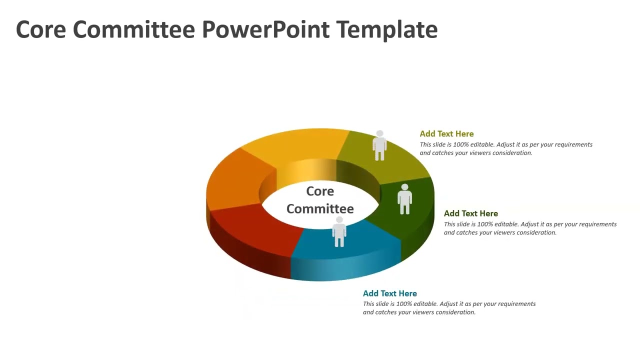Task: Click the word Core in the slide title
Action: click(x=41, y=29)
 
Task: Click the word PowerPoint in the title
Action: click(x=265, y=29)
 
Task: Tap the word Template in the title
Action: click(x=387, y=29)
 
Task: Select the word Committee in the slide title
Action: click(x=133, y=29)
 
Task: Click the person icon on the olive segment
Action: click(x=379, y=145)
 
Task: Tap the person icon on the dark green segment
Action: click(x=404, y=199)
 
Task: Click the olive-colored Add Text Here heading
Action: click(x=446, y=134)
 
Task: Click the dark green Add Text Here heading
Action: click(x=470, y=213)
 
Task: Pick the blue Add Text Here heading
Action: click(x=389, y=293)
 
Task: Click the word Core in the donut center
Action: click(x=320, y=191)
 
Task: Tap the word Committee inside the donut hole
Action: click(x=320, y=208)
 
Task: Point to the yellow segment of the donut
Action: click(x=295, y=145)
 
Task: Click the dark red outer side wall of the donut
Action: click(x=250, y=255)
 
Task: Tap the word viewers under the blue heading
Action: click(x=419, y=312)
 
